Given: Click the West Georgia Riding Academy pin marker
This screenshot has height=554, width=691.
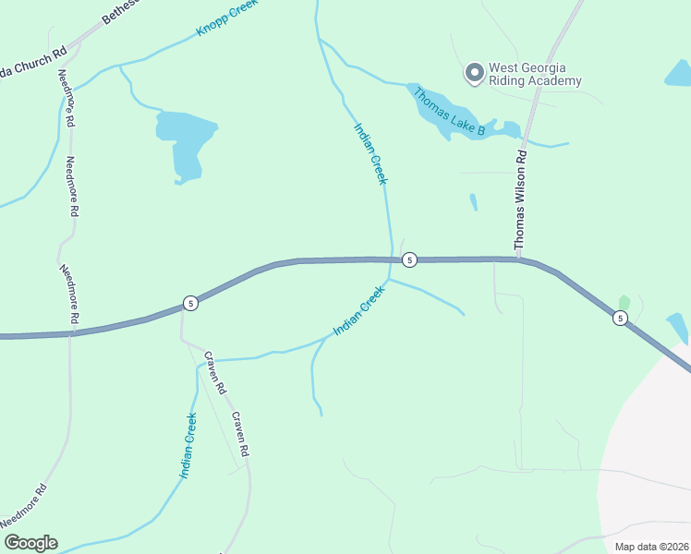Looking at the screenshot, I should [x=475, y=73].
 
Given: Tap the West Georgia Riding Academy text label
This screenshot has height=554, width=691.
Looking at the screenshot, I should [x=535, y=74].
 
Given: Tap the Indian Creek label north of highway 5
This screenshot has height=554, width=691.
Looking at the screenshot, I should [x=370, y=153].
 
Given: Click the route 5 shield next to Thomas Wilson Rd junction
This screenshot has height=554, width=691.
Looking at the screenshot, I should [x=410, y=260].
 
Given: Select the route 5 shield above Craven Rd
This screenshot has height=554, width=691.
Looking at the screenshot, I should [x=189, y=303].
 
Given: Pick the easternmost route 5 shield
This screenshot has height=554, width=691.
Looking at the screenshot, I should [x=620, y=319].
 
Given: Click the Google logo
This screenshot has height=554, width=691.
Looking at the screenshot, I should [x=30, y=542].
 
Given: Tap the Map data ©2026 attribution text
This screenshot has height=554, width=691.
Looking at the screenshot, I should [x=651, y=547].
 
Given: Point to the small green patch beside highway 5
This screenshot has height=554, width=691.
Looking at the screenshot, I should [x=624, y=303].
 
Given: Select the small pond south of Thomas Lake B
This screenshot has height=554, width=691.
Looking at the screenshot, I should [x=474, y=201].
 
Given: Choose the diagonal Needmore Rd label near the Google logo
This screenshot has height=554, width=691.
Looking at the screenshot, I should [x=25, y=506].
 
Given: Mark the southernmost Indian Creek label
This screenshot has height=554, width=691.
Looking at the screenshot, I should [x=188, y=446].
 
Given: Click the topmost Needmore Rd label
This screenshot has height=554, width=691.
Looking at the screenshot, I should [x=65, y=98].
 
